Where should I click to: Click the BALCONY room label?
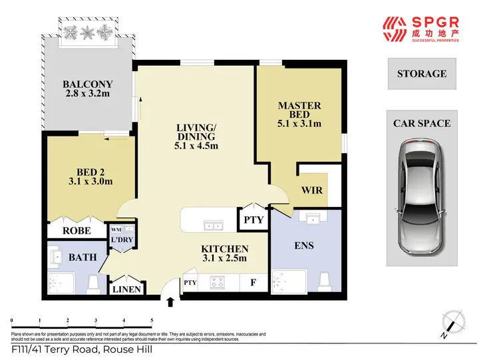tap(87, 85)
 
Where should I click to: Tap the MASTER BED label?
tap(299, 106)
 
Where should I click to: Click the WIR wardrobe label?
tap(312, 190)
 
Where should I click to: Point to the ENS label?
tap(303, 246)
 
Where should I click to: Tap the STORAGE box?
tap(422, 74)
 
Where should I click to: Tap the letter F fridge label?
tap(253, 282)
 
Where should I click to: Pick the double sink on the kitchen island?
tap(213, 226)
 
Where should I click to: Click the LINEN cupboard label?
tap(126, 289)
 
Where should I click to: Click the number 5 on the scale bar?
tap(152, 320)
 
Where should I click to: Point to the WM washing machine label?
tap(115, 230)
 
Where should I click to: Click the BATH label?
tap(83, 257)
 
